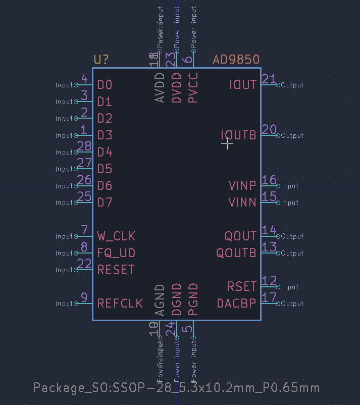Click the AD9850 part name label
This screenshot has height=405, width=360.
point(236,60)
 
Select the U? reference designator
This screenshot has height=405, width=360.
point(101,60)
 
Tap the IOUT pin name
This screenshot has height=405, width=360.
point(243,84)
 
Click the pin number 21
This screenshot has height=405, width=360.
point(269,79)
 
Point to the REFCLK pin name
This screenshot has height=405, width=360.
point(120,303)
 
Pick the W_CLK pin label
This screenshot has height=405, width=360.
point(116,236)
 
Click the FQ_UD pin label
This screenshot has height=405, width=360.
point(116,253)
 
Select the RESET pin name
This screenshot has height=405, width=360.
point(116,270)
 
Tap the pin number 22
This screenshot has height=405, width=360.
point(84,265)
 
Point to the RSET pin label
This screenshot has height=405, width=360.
point(242,287)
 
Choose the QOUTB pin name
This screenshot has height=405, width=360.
point(236,253)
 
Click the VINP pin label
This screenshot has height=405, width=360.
point(242,186)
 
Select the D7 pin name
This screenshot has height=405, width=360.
point(105,202)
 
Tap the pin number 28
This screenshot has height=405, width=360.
point(84,147)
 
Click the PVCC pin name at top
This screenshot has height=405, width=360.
point(193,88)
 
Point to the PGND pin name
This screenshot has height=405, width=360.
point(193,300)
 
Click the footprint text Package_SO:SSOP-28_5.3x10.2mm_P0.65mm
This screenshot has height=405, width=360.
point(176,388)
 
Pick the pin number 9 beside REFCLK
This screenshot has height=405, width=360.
point(84,298)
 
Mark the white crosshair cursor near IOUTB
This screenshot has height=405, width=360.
point(228,144)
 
